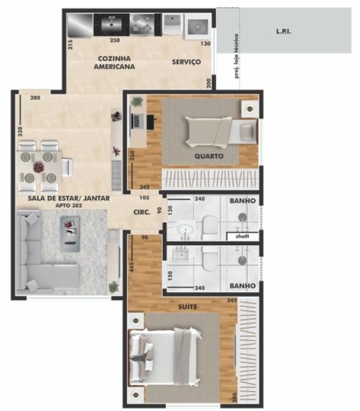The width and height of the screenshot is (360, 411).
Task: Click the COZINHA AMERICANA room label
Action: [x=115, y=62]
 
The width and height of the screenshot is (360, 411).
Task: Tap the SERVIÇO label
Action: [x=186, y=62]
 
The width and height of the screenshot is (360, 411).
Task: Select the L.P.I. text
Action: [x=282, y=32]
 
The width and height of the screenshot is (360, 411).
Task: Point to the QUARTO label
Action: [x=208, y=156]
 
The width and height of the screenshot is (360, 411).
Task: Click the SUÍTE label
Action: [x=187, y=307]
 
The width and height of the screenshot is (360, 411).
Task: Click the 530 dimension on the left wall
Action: [x=21, y=130]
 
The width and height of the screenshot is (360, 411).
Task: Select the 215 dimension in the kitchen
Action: [x=71, y=45]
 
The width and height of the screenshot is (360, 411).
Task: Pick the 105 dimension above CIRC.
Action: [x=145, y=199]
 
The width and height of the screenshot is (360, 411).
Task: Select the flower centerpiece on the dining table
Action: [x=39, y=166]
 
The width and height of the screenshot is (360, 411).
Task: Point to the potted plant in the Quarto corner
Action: [x=138, y=101]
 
